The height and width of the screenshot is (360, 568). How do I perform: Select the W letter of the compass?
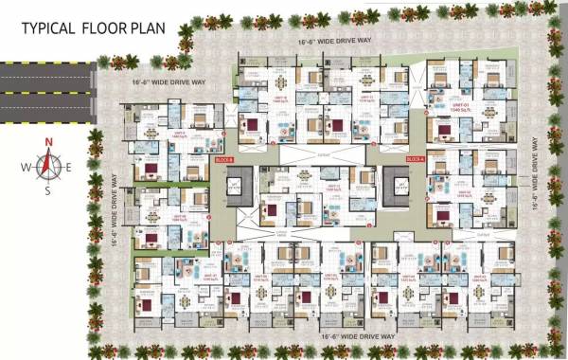[27, 168]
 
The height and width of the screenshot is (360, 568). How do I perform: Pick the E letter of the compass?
[68, 168]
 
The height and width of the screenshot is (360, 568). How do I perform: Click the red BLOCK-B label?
[223, 160]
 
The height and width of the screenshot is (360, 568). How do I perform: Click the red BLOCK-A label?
[414, 160]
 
